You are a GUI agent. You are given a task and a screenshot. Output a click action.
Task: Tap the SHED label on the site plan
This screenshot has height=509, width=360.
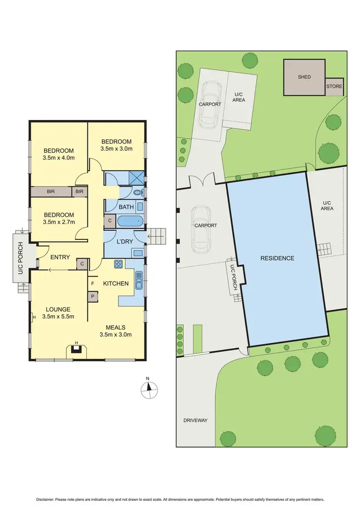tap(304, 77)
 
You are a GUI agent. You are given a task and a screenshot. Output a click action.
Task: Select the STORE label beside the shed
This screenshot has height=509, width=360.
tap(335, 86)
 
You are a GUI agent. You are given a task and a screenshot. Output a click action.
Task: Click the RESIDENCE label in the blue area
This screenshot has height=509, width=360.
tap(277, 258)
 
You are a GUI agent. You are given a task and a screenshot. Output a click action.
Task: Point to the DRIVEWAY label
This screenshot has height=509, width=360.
tap(195, 420)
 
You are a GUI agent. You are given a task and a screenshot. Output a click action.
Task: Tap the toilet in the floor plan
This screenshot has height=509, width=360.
tap(138, 192)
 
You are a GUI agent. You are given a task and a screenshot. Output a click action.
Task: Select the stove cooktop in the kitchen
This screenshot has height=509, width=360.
tap(118, 264)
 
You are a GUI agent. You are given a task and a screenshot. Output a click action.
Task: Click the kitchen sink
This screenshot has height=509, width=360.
tap(139, 279)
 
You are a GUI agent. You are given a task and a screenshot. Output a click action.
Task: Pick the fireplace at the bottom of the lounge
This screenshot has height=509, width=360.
tap(76, 349)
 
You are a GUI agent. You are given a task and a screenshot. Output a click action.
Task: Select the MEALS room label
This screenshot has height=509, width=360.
tap(116, 327)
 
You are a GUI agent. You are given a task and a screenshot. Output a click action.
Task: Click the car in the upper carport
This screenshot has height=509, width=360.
tap(210, 104)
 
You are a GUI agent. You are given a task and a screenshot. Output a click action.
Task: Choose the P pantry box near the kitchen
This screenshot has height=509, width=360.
tap(92, 296)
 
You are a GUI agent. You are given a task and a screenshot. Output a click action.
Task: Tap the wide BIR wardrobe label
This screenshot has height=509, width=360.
tap(50, 192)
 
